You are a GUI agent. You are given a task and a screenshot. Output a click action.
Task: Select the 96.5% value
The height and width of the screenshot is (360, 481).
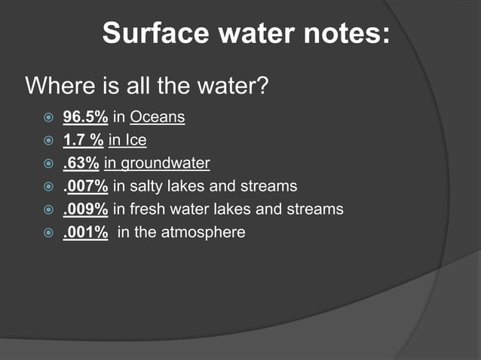pos(85,117)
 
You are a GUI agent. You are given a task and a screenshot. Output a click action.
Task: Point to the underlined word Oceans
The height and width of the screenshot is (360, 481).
pos(158,117)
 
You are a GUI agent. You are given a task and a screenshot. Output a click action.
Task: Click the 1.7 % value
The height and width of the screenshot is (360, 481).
pos(83,140)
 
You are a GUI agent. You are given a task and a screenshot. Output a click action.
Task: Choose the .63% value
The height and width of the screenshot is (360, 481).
pos(81,163)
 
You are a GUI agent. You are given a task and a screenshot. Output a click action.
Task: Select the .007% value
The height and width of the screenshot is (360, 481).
pos(85,185)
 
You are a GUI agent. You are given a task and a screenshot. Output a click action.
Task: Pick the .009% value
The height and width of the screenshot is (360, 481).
pos(85,209)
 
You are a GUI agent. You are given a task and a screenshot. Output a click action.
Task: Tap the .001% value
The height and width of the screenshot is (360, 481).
pos(85,232)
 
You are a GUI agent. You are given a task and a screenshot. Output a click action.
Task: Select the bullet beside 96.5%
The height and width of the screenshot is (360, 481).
pos(48,117)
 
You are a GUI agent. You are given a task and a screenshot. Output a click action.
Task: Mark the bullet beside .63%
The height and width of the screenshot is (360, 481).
pos(48,163)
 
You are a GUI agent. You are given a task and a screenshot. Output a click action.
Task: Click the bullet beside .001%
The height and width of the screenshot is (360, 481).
pos(48,233)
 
